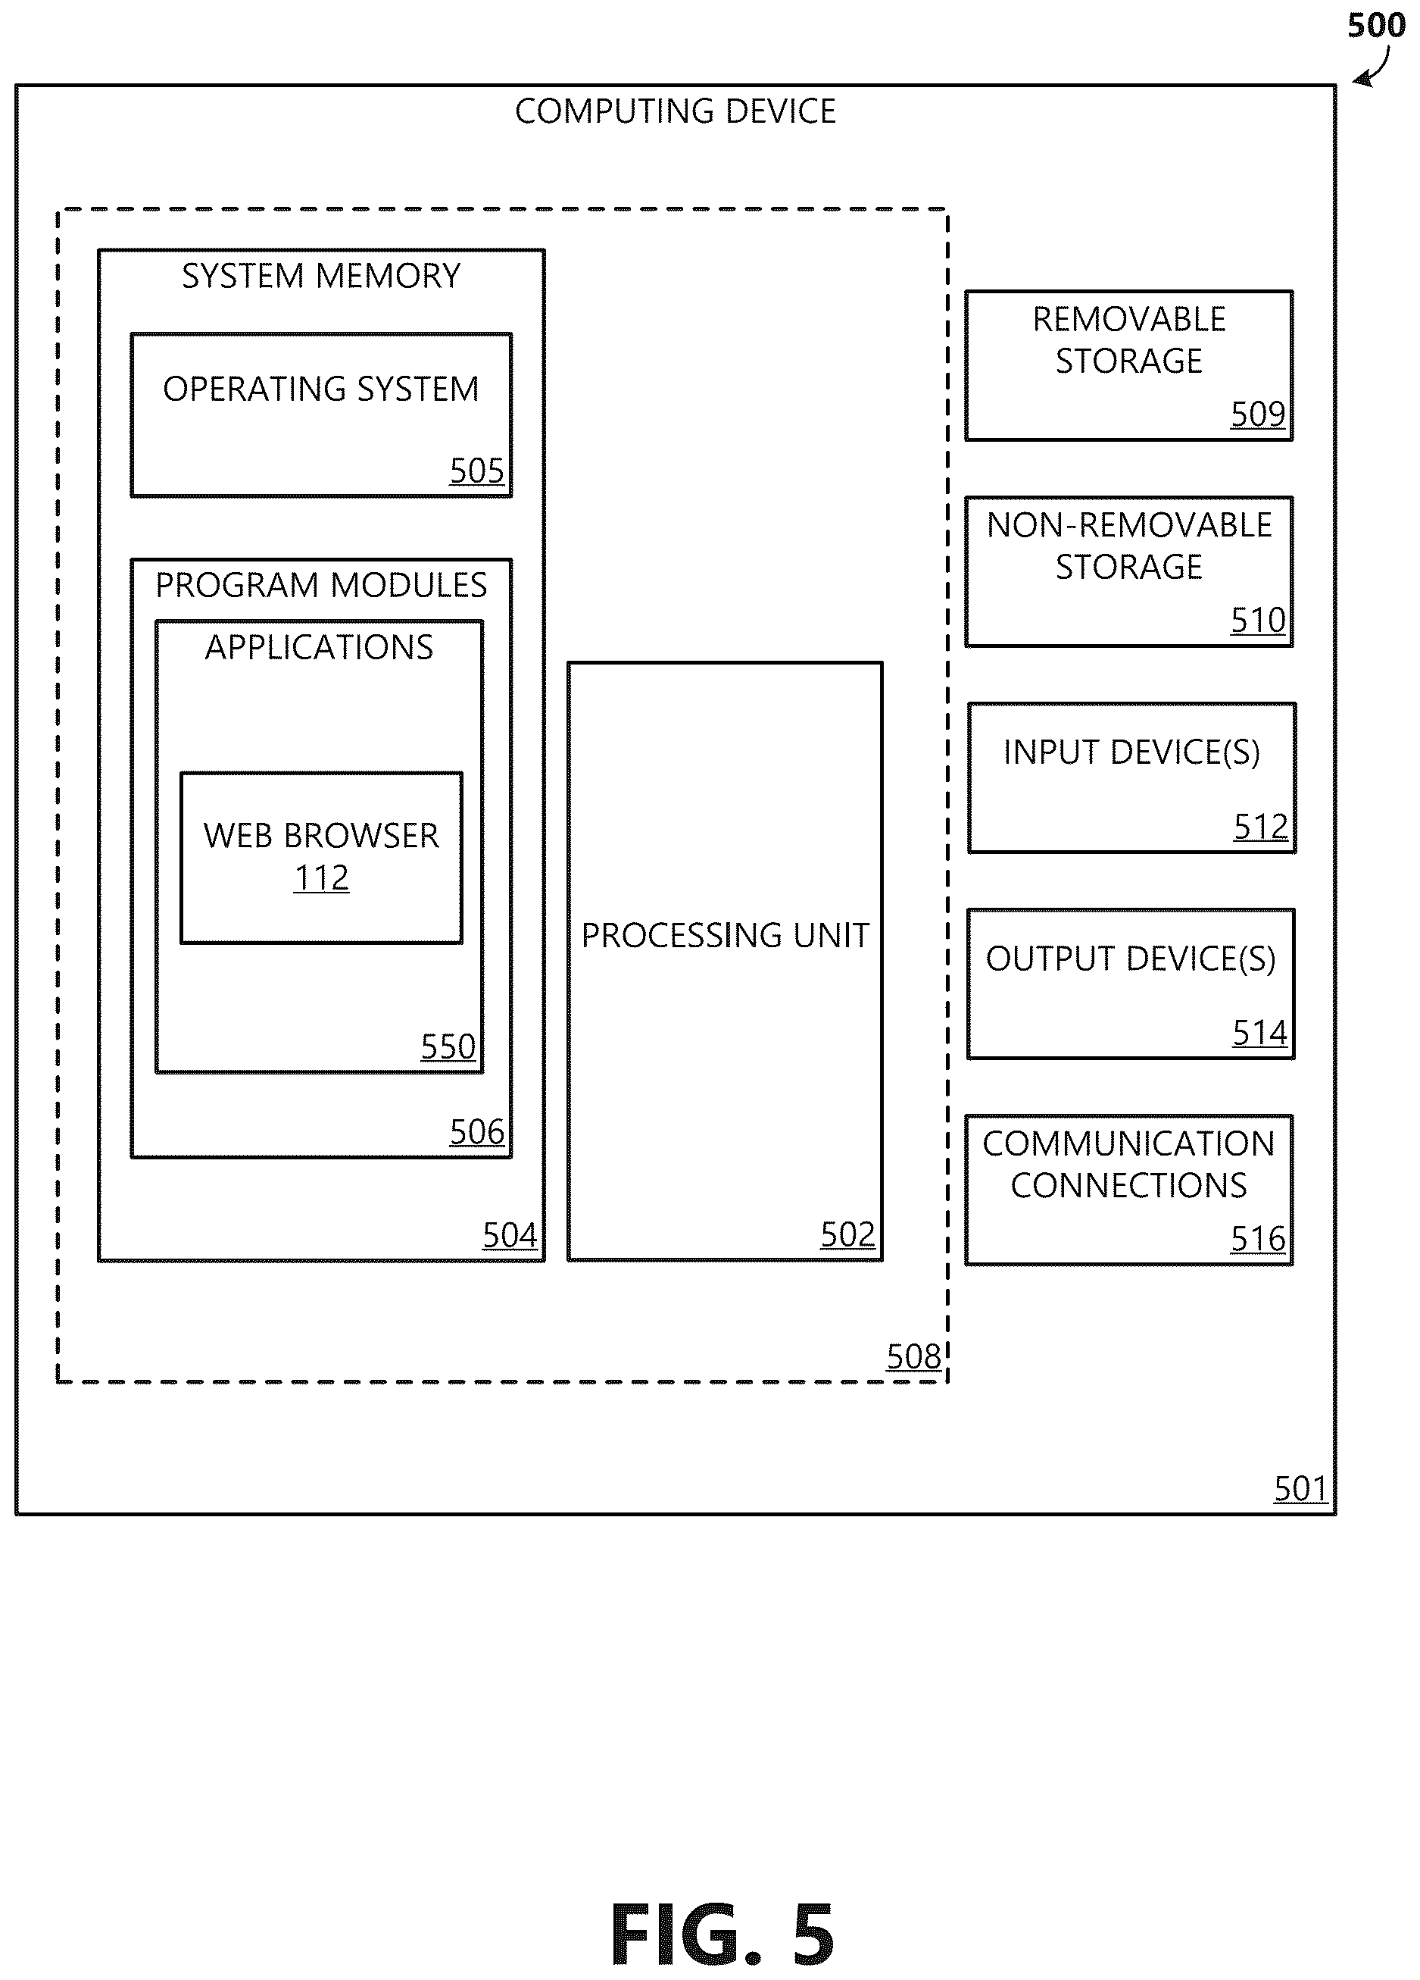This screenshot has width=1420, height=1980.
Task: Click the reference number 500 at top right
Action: coord(1376,25)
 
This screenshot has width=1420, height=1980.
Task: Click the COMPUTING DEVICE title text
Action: coord(675,111)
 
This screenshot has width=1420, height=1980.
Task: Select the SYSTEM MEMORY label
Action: coord(321,276)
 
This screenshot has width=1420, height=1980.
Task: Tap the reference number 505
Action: coord(476,471)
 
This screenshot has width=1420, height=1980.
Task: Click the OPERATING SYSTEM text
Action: coord(321,389)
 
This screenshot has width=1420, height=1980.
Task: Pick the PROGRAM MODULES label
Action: coord(321,585)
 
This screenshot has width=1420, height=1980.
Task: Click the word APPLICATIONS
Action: coord(320,648)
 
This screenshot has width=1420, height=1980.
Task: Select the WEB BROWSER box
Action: coord(321,857)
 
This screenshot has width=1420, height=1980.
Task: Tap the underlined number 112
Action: coord(321,877)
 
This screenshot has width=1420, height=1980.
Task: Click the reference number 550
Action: coord(448,1046)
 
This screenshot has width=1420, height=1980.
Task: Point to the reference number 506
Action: coord(476,1132)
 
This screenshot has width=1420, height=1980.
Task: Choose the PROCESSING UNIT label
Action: coord(726,936)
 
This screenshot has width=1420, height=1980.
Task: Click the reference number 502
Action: coord(847,1234)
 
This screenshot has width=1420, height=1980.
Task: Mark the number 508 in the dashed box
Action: coord(914,1356)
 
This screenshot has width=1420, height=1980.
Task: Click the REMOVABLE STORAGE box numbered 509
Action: coord(1128,366)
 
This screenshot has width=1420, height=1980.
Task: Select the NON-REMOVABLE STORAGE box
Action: coord(1128,572)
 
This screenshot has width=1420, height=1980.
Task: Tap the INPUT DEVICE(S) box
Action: coord(1132,778)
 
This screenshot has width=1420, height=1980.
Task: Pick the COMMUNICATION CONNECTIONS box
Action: coord(1128,1190)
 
